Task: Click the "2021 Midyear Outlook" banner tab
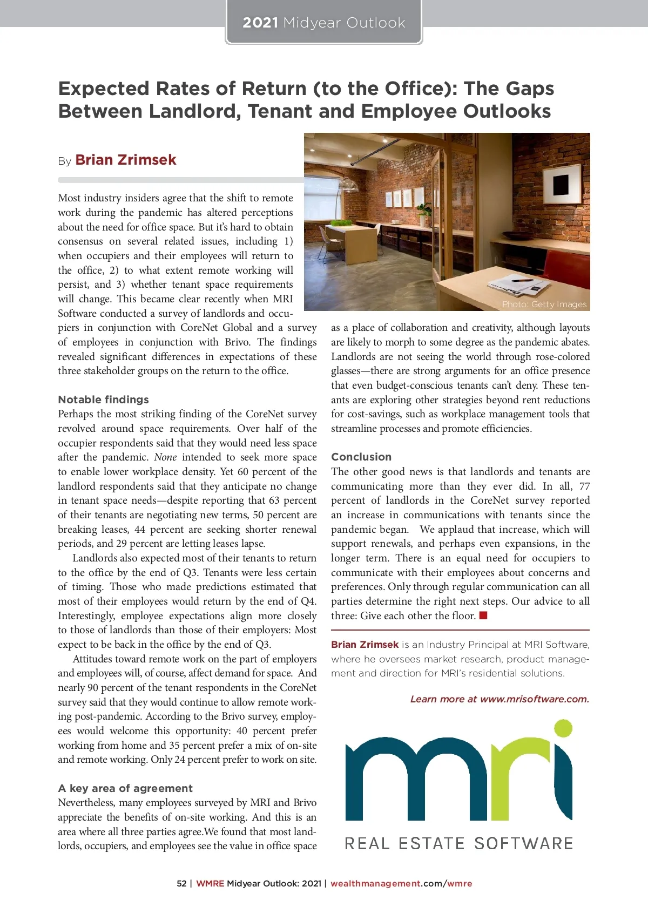click(x=323, y=23)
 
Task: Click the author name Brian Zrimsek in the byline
click(x=126, y=160)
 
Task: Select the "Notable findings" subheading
click(x=103, y=400)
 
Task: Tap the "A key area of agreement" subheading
click(x=125, y=788)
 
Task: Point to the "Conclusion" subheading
click(x=361, y=457)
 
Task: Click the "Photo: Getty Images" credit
click(x=544, y=304)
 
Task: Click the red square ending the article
click(x=483, y=615)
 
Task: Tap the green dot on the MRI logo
click(x=563, y=728)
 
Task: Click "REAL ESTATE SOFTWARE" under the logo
click(x=459, y=843)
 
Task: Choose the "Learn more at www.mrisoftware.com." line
click(x=500, y=699)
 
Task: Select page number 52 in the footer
click(x=181, y=884)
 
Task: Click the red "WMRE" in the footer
click(x=210, y=884)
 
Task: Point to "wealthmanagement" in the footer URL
click(x=375, y=884)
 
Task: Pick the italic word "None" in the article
click(x=165, y=457)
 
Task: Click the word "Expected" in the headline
click(x=103, y=89)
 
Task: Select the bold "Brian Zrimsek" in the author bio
click(x=364, y=645)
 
